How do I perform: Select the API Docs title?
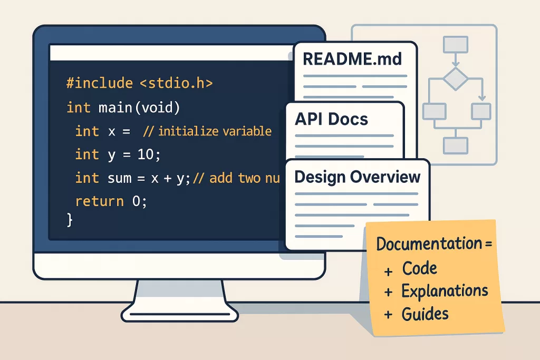pos(331,119)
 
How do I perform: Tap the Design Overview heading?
pos(358,177)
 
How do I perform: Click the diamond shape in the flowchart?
pos(456,80)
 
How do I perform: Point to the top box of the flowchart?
pos(456,44)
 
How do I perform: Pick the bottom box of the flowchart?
pos(456,145)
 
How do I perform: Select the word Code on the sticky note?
pos(420,268)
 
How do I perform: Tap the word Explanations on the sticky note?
pos(445,290)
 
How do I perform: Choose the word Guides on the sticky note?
pos(425,314)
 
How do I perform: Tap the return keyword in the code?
pos(100,201)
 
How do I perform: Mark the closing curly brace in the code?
pos(69,219)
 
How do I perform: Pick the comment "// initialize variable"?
pos(207,131)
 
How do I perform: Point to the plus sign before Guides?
pos(389,315)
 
